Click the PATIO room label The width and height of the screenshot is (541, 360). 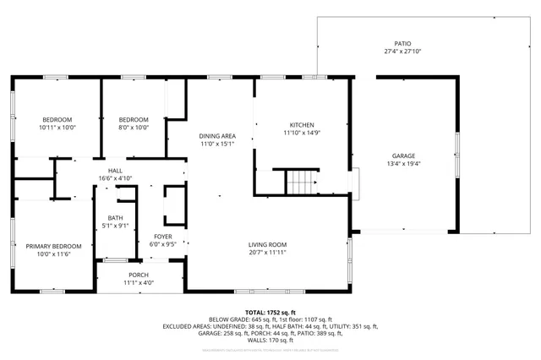pos(402,43)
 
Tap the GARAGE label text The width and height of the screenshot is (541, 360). pos(402,155)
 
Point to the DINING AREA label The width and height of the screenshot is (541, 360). pos(216,136)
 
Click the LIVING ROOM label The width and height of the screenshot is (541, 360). pos(267,244)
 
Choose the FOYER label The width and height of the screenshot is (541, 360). pos(163,236)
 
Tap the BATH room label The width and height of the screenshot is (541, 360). pos(115,218)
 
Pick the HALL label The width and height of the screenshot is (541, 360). pos(115,170)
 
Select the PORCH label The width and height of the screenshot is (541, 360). pos(139,275)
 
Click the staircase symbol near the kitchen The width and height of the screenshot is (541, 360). pos(299,181)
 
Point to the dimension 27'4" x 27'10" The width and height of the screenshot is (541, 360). pos(402,51)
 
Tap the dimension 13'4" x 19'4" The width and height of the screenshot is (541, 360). pos(402,163)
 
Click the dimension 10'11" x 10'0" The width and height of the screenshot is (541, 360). pos(57,128)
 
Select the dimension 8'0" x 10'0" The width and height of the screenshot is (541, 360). pos(133,128)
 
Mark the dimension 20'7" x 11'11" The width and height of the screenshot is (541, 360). pos(267,252)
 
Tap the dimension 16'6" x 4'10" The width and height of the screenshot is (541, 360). pos(115,177)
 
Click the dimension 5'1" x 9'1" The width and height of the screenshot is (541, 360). pos(115,226)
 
